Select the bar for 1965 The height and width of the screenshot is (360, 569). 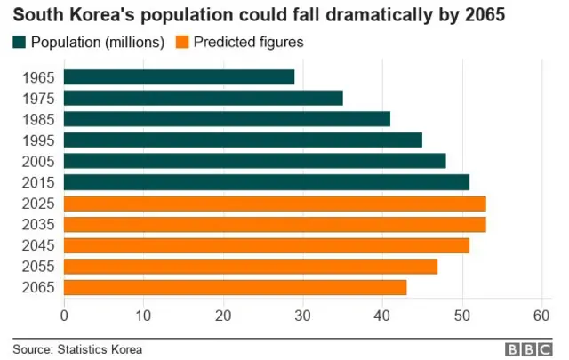(179, 77)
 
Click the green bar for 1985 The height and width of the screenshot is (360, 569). (227, 119)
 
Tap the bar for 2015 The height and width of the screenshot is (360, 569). (267, 182)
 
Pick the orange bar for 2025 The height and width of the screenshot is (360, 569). (275, 204)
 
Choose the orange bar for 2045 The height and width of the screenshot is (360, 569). (267, 245)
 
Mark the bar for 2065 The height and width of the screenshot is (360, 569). (235, 287)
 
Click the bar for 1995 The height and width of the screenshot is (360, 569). (243, 140)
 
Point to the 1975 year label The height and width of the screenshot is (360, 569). (36, 98)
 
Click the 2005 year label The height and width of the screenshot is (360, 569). (36, 161)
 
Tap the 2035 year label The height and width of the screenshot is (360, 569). (36, 224)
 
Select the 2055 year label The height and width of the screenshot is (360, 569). (36, 266)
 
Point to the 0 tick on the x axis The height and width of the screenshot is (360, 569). (64, 315)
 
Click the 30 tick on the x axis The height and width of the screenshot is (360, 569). (303, 315)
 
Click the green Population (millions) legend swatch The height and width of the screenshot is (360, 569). (20, 42)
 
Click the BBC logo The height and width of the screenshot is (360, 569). (530, 349)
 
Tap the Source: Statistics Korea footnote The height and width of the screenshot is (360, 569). (77, 349)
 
